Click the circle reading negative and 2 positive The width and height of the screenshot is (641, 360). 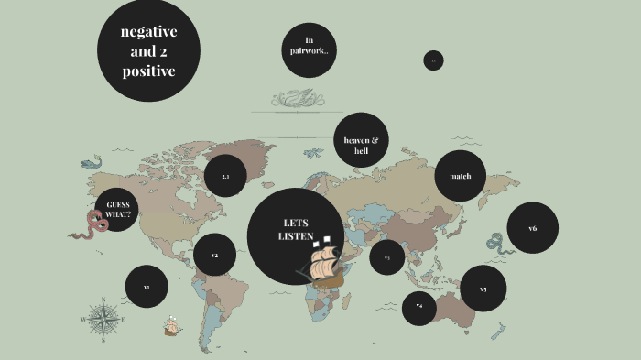(149, 51)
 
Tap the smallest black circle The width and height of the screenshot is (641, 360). (434, 60)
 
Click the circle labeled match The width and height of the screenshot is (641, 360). (460, 175)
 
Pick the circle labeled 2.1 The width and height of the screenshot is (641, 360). (226, 176)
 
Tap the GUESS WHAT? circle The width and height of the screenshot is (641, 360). (117, 209)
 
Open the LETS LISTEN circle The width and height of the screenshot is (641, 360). (295, 231)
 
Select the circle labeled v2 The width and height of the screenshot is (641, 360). (214, 255)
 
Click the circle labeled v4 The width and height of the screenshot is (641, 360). (419, 307)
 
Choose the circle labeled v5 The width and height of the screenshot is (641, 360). (483, 289)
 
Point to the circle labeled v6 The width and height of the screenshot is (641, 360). (532, 228)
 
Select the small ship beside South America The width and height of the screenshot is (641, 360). (170, 325)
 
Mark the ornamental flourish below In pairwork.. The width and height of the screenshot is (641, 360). (296, 97)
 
